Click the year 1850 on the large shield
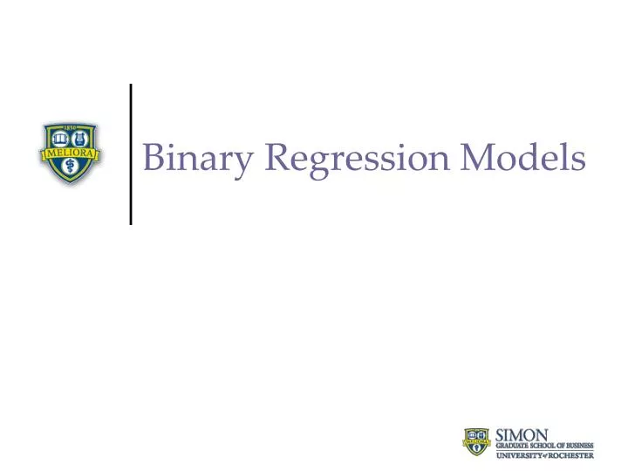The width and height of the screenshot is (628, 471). pyautogui.click(x=72, y=127)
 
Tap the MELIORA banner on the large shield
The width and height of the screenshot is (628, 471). pyautogui.click(x=72, y=154)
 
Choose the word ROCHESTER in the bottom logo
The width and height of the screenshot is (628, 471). pyautogui.click(x=571, y=454)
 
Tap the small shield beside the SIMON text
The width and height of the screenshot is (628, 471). pyautogui.click(x=477, y=443)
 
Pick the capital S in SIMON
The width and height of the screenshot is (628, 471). pyautogui.click(x=501, y=433)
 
